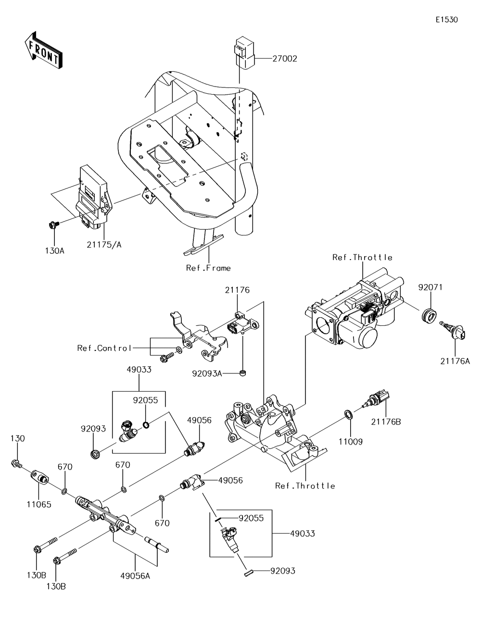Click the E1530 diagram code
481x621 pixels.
pos(446,20)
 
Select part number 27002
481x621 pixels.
pos(285,59)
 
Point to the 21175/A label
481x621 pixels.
pos(104,245)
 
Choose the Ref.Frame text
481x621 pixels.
pos(208,268)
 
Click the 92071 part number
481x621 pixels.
pos(430,287)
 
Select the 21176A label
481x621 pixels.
pos(455,361)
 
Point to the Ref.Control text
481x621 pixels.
pos(104,348)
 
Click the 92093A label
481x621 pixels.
pos(207,373)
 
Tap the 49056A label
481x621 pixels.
pos(135,576)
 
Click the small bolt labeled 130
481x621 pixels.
pos(16,463)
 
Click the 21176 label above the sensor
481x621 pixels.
pos(237,290)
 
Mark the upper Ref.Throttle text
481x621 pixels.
pos(362,258)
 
